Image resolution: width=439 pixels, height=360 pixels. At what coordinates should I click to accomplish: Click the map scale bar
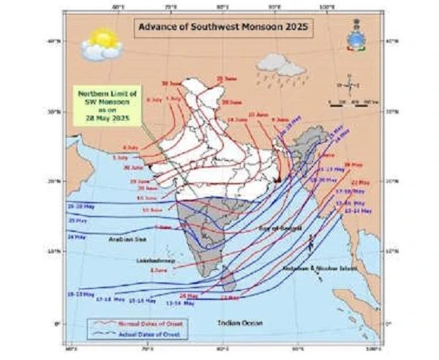coord(351,105)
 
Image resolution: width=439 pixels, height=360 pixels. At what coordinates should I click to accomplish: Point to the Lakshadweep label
coord(151,260)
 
